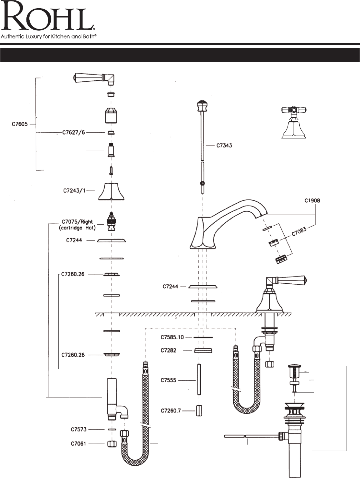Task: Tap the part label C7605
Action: coord(19,124)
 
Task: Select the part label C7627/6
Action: coord(74,132)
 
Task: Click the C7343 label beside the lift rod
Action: coord(224,145)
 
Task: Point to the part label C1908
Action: coord(312,201)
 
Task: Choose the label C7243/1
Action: coord(74,190)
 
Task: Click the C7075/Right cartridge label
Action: coord(77,225)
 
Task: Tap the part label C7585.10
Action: coord(172,337)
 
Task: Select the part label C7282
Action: coord(168,350)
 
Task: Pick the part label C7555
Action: coord(168,380)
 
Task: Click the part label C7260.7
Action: coord(171,411)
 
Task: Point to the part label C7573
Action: coord(78,429)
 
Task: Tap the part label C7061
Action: coord(78,444)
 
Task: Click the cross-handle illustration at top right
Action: coord(294,122)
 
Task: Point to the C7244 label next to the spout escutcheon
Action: coord(170,287)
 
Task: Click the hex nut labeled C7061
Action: coord(111,444)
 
